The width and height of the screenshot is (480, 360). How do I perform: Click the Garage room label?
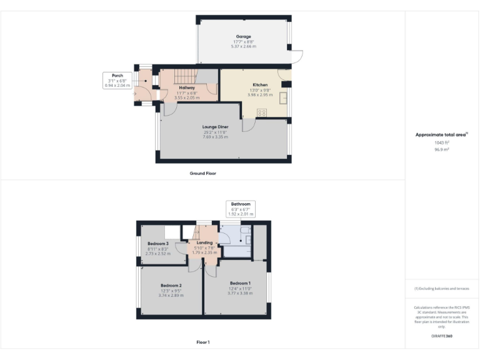[x=243, y=37]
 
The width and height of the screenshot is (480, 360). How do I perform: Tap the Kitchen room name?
[x=260, y=84]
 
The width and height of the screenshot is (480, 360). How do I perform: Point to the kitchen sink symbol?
[x=284, y=97]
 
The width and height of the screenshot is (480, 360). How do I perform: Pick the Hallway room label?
[x=187, y=88]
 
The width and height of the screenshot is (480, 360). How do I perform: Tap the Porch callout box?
[x=117, y=80]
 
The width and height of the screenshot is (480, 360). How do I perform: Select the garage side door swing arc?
[x=297, y=57]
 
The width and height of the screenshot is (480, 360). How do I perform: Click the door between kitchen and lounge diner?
[x=248, y=125]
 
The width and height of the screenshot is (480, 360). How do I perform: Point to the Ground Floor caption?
[x=202, y=173]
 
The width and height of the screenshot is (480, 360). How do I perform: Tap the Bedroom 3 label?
[x=157, y=244]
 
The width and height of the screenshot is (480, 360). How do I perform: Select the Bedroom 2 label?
[x=171, y=285]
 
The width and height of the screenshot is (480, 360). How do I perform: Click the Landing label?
[x=204, y=242]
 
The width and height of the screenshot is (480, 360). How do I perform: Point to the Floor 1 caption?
[x=202, y=342]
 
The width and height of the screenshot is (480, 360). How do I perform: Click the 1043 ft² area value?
[x=441, y=143]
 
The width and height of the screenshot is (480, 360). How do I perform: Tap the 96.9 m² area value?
[x=441, y=149]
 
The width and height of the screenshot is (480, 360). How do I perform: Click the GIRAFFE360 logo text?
[x=441, y=336]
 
